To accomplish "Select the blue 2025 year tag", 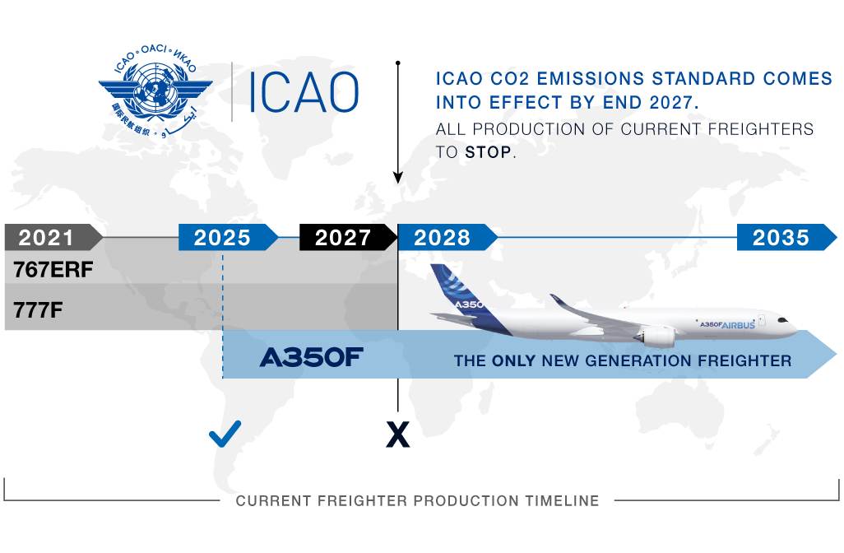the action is click(x=228, y=238).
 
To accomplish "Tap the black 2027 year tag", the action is click(x=348, y=238).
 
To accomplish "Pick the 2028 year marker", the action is click(x=447, y=238).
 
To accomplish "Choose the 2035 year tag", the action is click(x=786, y=238).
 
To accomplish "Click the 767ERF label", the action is click(x=53, y=270).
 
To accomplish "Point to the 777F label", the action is click(x=38, y=310).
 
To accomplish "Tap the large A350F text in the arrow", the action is click(x=311, y=357).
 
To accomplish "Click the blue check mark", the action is click(x=225, y=434).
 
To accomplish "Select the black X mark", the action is click(x=398, y=434).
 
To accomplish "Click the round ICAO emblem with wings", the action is click(x=155, y=90).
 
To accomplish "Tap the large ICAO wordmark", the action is click(x=304, y=92).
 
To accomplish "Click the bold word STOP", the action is click(x=488, y=152).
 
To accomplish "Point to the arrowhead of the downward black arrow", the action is click(x=398, y=178).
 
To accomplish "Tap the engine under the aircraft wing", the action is click(x=656, y=337).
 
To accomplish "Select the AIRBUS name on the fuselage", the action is click(x=737, y=325).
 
